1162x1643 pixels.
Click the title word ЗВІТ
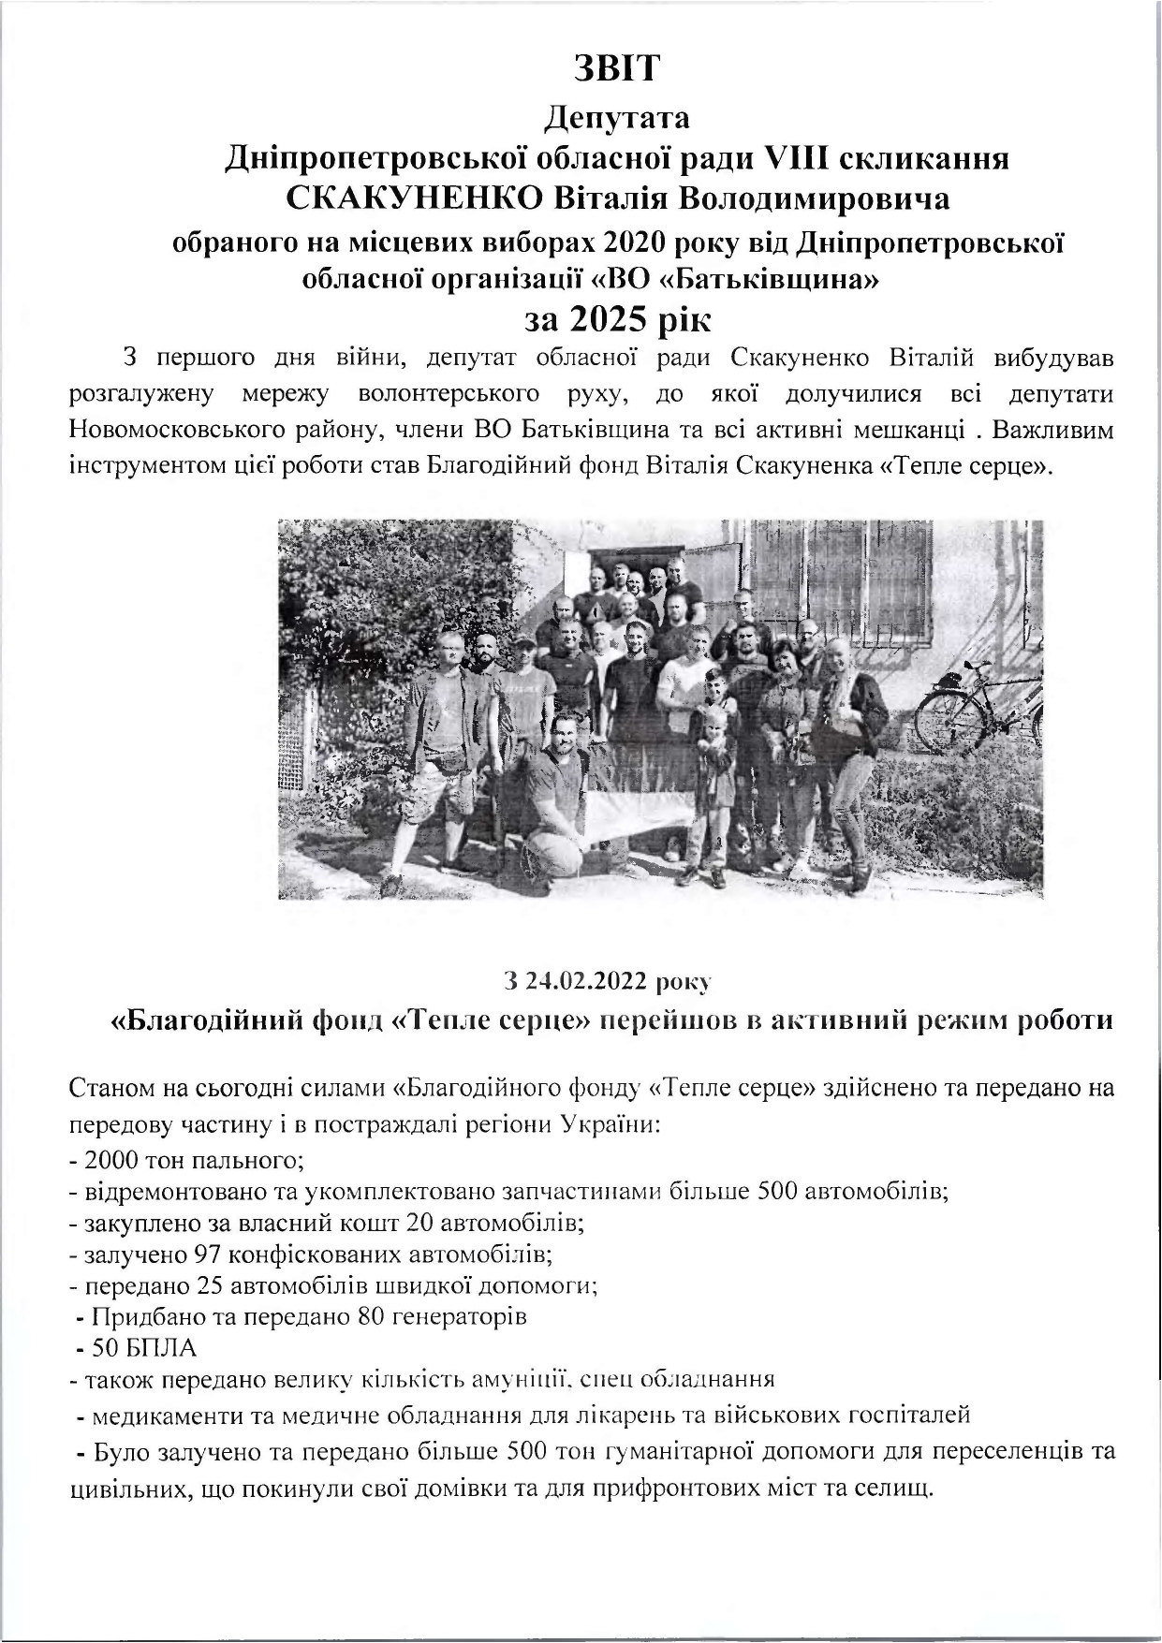[x=617, y=69]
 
